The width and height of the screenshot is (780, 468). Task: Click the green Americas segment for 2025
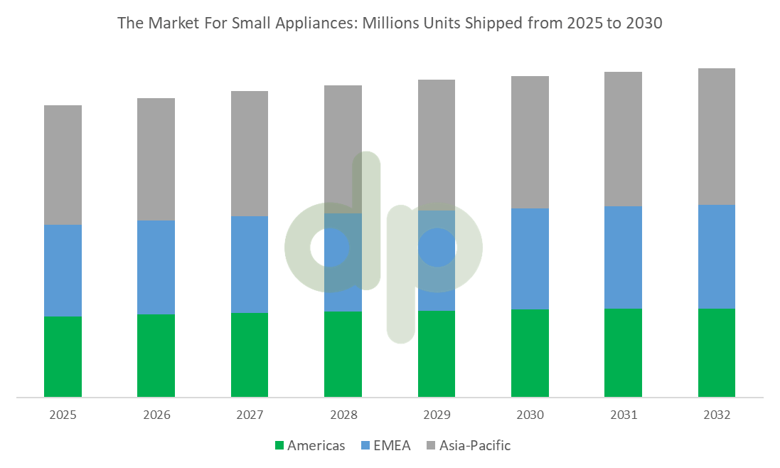63,356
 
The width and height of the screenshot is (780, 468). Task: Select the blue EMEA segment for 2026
156,267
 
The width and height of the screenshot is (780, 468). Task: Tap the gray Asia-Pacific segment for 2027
250,153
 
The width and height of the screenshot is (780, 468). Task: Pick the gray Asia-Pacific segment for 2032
717,136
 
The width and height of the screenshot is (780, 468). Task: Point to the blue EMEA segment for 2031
624,257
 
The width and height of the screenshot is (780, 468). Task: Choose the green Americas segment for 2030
530,353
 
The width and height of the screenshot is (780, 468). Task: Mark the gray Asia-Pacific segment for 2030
530,142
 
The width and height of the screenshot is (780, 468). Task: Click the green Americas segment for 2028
343,353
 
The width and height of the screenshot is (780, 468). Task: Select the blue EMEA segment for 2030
530,258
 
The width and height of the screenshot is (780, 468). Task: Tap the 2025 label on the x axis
63,415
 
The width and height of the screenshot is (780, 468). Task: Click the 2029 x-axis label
437,415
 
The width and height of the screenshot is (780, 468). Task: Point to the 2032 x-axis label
717,415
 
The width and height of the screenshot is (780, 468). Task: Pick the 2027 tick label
250,415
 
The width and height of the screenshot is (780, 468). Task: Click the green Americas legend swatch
279,446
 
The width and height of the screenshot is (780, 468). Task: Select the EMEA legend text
392,446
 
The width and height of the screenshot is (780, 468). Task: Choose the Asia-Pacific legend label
475,446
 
